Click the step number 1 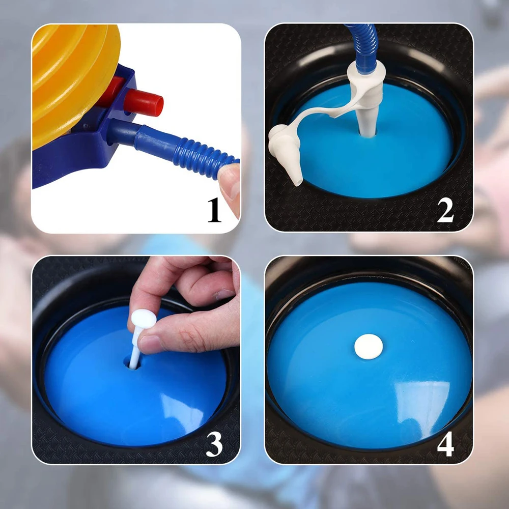coord(215,210)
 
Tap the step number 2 coord(445,210)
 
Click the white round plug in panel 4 coord(369,346)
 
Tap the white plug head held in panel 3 coord(144,319)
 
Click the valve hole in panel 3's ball coord(132,363)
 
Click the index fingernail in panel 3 coord(224,294)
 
